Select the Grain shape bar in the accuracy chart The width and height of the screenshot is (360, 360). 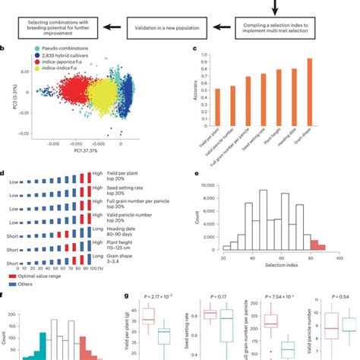[331, 83]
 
